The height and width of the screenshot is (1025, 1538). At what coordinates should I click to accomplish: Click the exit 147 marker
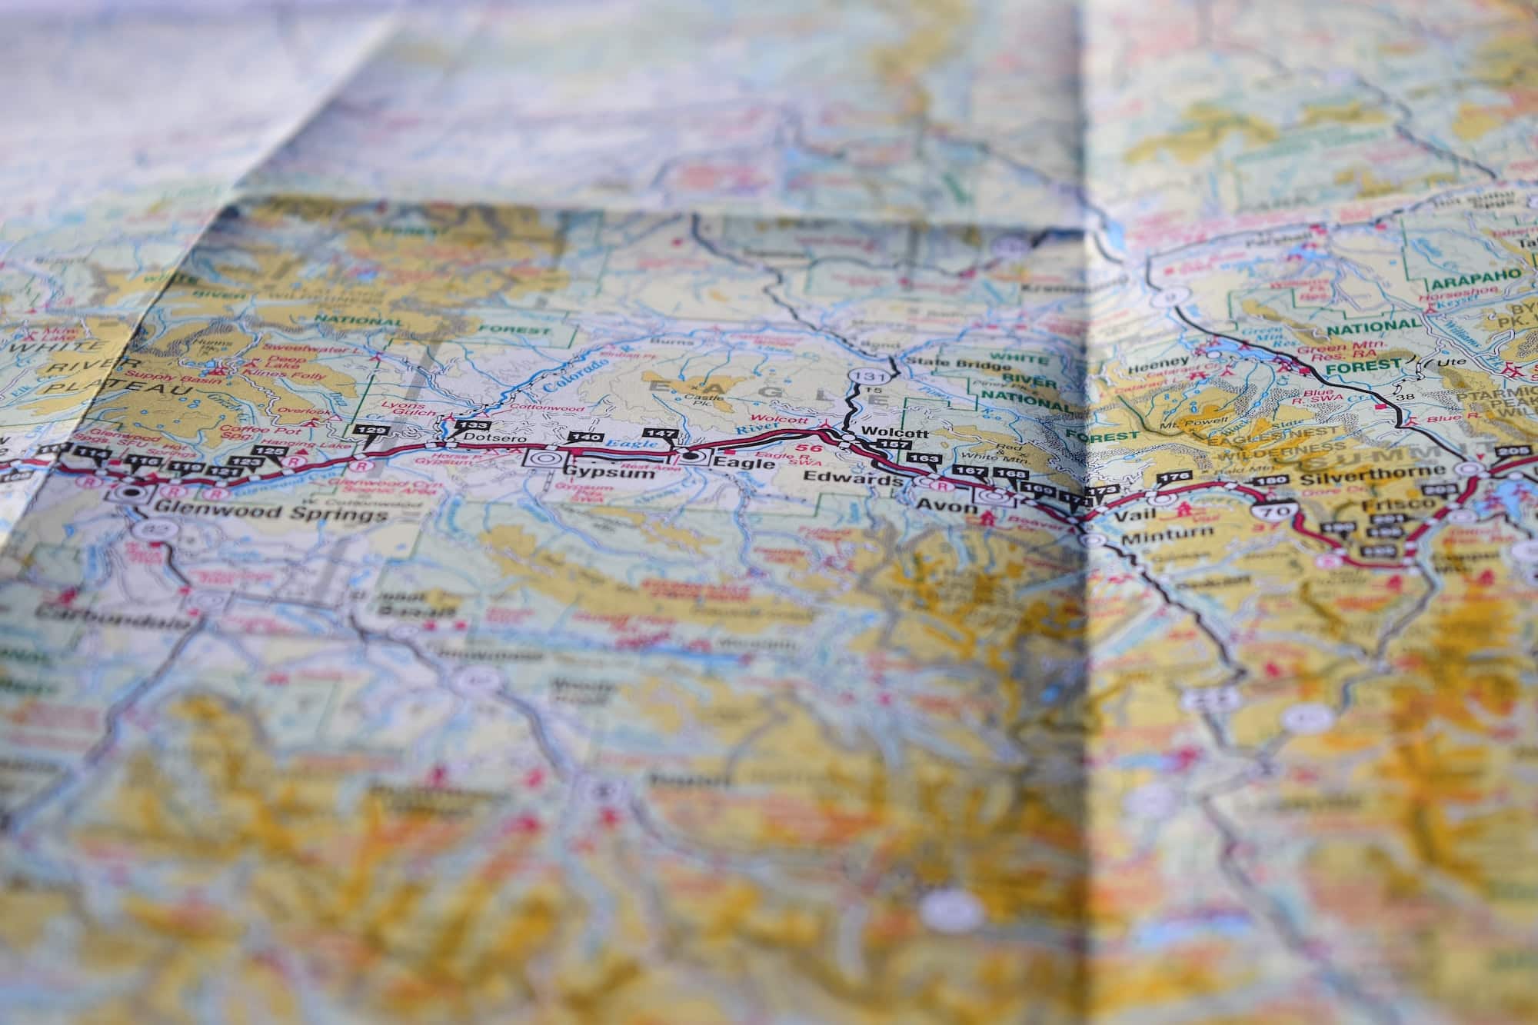point(659,435)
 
